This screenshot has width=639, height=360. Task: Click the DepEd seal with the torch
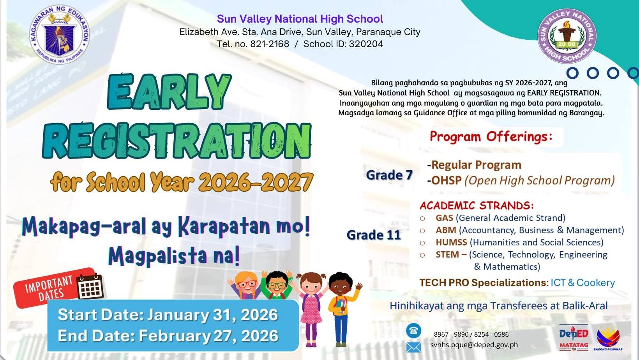point(59,35)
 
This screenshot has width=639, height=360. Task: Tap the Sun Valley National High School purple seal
point(567,36)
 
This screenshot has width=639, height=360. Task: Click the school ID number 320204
point(366,44)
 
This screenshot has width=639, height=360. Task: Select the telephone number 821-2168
point(270,44)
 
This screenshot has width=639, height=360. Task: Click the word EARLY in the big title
point(169,92)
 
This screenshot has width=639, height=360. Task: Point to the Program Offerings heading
point(491,136)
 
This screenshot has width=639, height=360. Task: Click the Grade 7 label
point(389,175)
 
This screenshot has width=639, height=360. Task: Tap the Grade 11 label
point(374,235)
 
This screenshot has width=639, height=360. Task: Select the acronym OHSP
point(446,180)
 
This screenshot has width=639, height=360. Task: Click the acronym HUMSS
point(451,242)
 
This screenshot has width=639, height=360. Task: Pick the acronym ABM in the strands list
point(446,230)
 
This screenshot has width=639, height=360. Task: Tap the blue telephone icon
point(414,331)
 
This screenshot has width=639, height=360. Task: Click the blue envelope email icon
point(414,348)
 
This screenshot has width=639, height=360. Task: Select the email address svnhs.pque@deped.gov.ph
point(474,344)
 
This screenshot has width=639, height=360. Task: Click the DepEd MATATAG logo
point(574,338)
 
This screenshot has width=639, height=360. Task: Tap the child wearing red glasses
point(246,285)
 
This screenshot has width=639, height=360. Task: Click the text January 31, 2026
point(212,315)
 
